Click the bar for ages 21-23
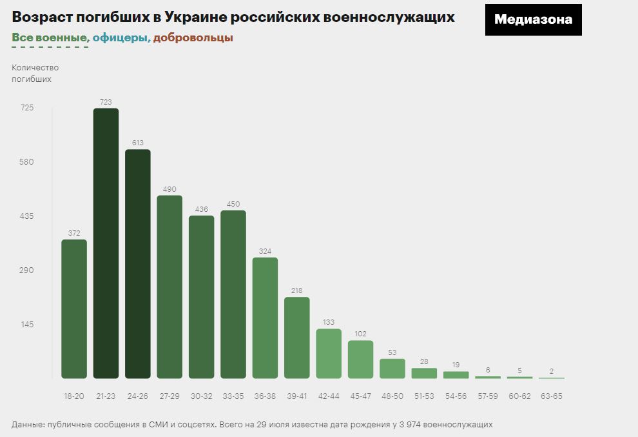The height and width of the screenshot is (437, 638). click(106, 243)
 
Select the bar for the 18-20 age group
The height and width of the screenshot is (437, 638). click(74, 309)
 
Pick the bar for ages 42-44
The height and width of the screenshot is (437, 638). click(329, 353)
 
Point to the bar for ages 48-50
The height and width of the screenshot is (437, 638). click(392, 368)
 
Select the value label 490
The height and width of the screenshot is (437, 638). click(169, 189)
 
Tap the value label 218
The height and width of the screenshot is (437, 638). click(296, 290)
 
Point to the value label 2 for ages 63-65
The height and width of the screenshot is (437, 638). click(551, 371)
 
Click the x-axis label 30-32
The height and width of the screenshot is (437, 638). click(201, 396)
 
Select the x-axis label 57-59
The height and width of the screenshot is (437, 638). click(487, 396)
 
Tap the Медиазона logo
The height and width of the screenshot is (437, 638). click(533, 19)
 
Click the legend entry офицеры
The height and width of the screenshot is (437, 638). click(121, 37)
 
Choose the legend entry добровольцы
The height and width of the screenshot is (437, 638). click(193, 37)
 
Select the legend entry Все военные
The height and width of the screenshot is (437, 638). click(50, 37)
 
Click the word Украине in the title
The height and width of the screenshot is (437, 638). click(206, 17)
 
